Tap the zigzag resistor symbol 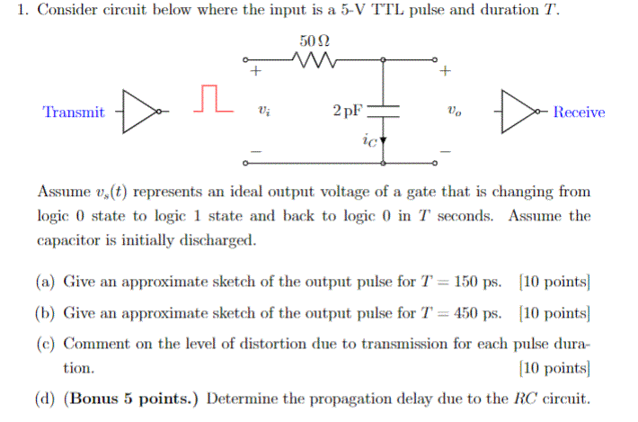click(x=315, y=62)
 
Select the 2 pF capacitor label click(x=348, y=112)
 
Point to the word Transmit click(x=74, y=112)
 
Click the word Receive click(x=579, y=112)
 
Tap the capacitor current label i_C click(x=368, y=139)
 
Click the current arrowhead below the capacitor click(x=384, y=141)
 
